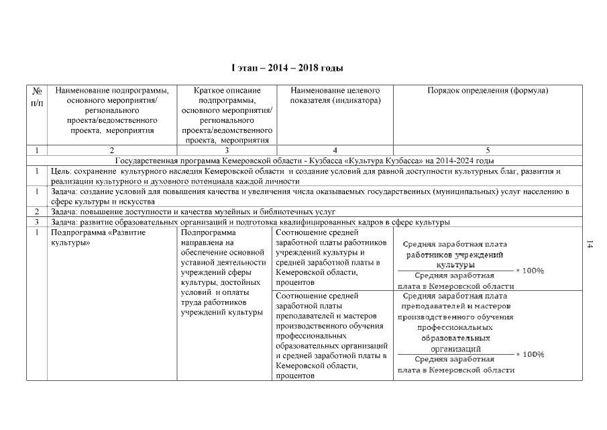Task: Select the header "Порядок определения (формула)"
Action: click(488, 91)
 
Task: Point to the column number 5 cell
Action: click(488, 150)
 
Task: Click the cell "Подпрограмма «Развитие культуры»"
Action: click(87, 237)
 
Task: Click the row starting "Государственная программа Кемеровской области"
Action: click(305, 161)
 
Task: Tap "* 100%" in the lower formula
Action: click(529, 354)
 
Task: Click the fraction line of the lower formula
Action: click(455, 354)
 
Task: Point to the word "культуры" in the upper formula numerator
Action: click(455, 265)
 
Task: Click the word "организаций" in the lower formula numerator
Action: click(455, 349)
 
